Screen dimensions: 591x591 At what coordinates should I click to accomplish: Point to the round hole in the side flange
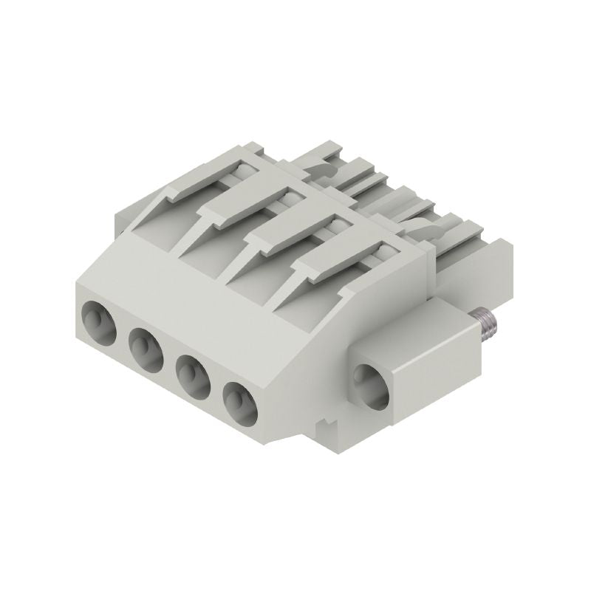[372, 386]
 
